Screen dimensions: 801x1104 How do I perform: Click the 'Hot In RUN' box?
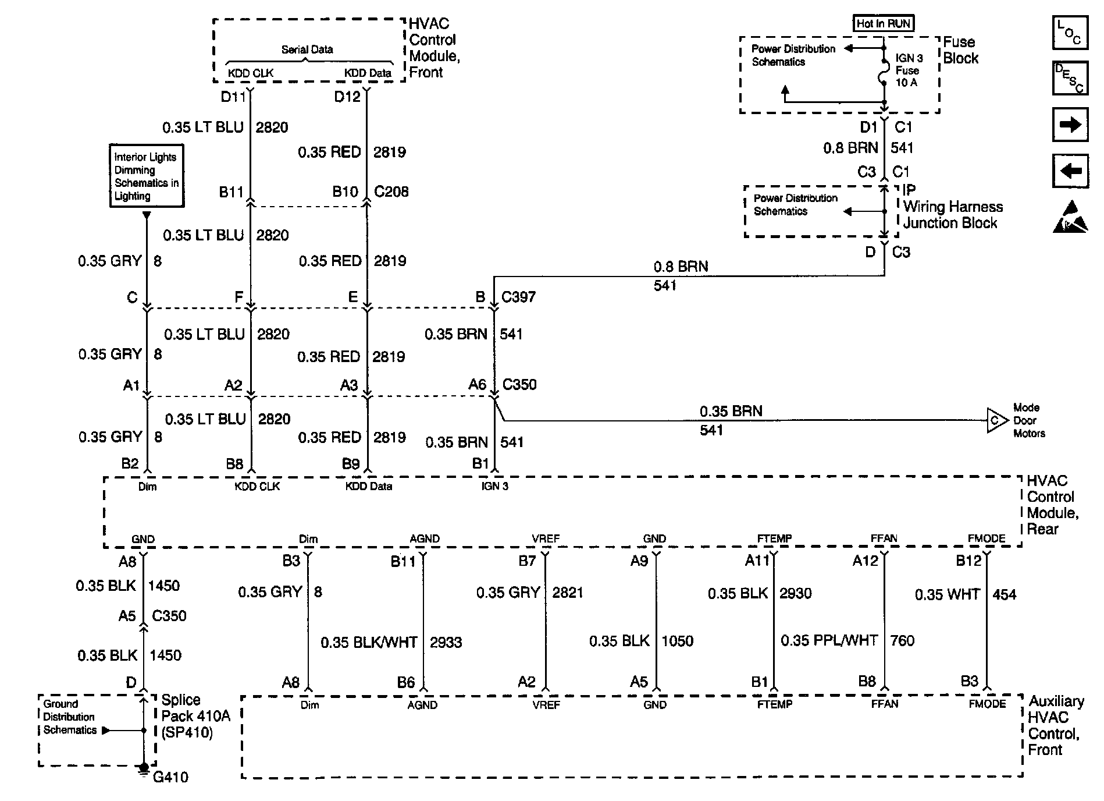coord(883,23)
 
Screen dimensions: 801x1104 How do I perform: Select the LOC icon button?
coord(1070,33)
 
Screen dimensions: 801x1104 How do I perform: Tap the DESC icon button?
coord(1070,78)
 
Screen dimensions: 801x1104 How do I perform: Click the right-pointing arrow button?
coord(1070,124)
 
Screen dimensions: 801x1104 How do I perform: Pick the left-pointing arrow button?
coord(1070,171)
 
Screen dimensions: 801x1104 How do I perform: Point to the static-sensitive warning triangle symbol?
coord(1070,218)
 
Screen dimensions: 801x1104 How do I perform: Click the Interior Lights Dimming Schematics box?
coord(147,176)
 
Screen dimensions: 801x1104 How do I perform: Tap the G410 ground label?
coord(170,777)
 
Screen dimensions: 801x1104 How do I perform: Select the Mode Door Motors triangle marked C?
coord(996,420)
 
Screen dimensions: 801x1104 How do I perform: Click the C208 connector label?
coord(391,192)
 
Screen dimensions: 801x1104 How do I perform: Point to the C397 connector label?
coord(519,297)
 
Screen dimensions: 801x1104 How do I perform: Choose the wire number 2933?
coord(446,642)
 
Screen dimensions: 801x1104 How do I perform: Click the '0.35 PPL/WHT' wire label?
coord(829,640)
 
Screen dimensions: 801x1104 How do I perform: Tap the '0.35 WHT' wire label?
coord(947,594)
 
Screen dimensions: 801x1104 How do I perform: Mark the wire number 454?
coord(1005,594)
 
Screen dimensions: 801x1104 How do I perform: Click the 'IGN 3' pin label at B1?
coord(494,486)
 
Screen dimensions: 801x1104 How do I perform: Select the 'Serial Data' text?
coord(307,49)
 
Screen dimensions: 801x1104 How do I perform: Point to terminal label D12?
coord(347,97)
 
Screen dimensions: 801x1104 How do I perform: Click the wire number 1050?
coord(678,641)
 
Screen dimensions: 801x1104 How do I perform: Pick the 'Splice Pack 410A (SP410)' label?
coord(195,716)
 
